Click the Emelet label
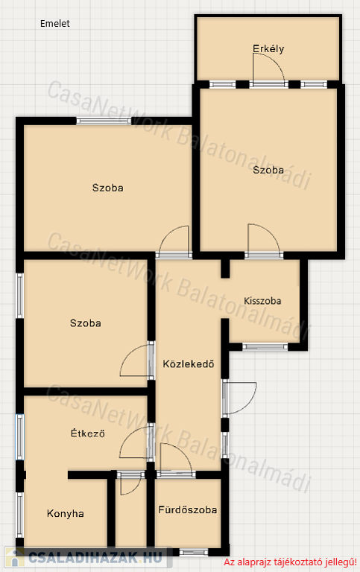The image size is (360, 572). click(x=54, y=24)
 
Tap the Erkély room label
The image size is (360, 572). click(x=268, y=48)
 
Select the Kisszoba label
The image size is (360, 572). click(x=262, y=301)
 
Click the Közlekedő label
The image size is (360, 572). click(x=189, y=363)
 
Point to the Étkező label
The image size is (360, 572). click(x=88, y=433)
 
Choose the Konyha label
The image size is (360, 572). click(x=66, y=514)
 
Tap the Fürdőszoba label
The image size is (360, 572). click(x=188, y=509)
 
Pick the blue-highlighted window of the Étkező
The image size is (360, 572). click(x=19, y=436)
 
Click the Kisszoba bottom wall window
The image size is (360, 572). click(x=265, y=346)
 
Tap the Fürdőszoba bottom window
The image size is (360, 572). click(x=194, y=552)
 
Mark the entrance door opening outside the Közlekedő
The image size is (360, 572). click(x=239, y=398)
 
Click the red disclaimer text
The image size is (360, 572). click(x=290, y=562)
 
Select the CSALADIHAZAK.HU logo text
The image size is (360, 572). click(x=95, y=557)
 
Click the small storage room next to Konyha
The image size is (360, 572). click(x=131, y=515)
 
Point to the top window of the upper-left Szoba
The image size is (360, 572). click(x=104, y=121)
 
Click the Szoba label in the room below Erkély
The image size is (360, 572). click(x=268, y=170)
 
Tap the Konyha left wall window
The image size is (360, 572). click(x=19, y=515)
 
